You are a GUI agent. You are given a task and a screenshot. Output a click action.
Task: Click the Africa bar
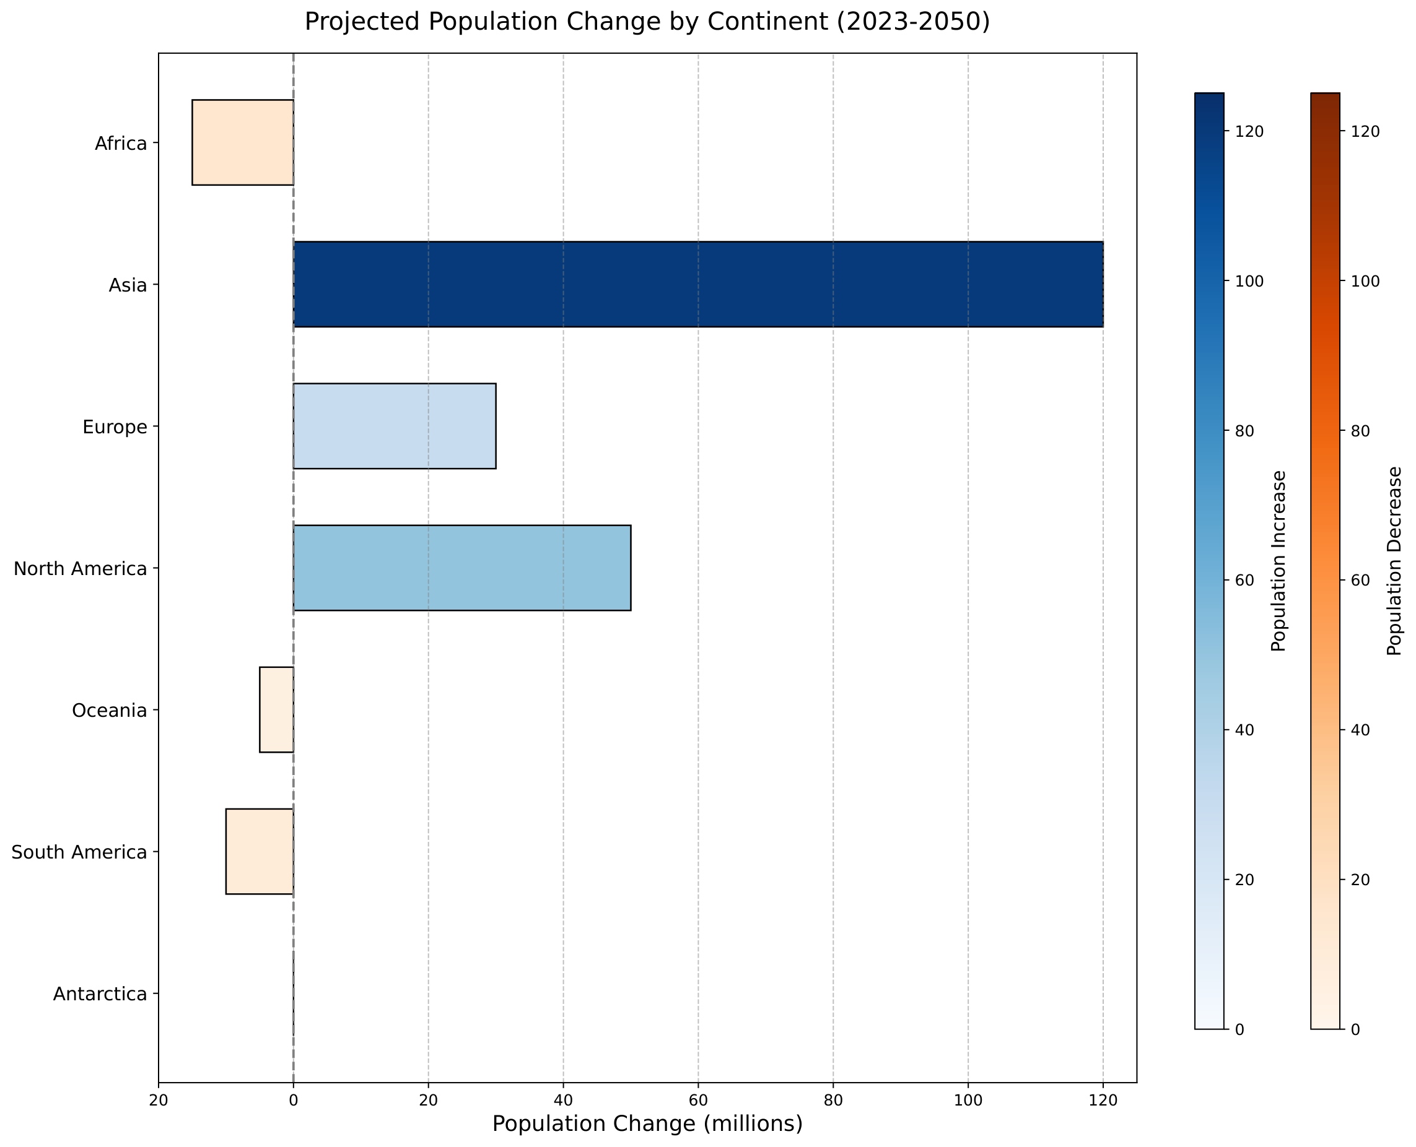pos(243,142)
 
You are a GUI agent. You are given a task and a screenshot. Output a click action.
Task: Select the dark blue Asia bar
pos(698,284)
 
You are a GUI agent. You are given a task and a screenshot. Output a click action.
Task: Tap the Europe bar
pos(395,426)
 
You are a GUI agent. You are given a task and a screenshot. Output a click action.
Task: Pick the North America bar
pos(462,568)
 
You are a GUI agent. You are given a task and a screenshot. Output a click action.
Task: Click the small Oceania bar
pos(276,709)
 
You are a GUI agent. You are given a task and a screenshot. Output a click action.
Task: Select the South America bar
pos(260,852)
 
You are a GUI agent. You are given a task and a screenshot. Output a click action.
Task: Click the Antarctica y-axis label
pos(100,993)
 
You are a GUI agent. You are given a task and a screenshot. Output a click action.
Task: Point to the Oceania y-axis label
pos(109,710)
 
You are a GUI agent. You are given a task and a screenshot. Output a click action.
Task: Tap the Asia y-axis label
pos(128,285)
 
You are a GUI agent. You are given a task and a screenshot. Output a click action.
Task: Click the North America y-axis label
pos(80,568)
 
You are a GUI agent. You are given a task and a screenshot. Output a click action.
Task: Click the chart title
pos(647,22)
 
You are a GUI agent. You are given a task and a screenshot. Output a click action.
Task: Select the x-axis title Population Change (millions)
pos(648,1123)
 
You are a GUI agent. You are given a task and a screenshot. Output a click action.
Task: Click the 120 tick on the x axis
pos(1103,1099)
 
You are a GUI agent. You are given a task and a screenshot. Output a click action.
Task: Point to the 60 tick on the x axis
pos(698,1099)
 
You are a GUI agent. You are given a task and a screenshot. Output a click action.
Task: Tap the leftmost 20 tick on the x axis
pos(159,1099)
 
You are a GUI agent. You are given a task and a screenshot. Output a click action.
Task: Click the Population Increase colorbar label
pos(1279,561)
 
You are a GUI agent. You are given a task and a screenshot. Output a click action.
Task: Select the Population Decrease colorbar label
pos(1395,561)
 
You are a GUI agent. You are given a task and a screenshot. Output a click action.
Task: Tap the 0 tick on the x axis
pos(294,1099)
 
